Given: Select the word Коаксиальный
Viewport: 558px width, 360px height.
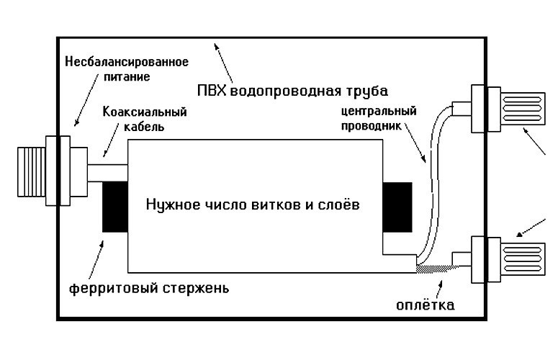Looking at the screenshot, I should coord(145,112).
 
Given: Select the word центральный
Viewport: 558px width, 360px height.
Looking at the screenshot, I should coord(379,112).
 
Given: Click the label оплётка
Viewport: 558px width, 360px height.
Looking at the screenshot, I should coord(426,305).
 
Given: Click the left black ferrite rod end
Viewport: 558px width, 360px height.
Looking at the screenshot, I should coord(114,207).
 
